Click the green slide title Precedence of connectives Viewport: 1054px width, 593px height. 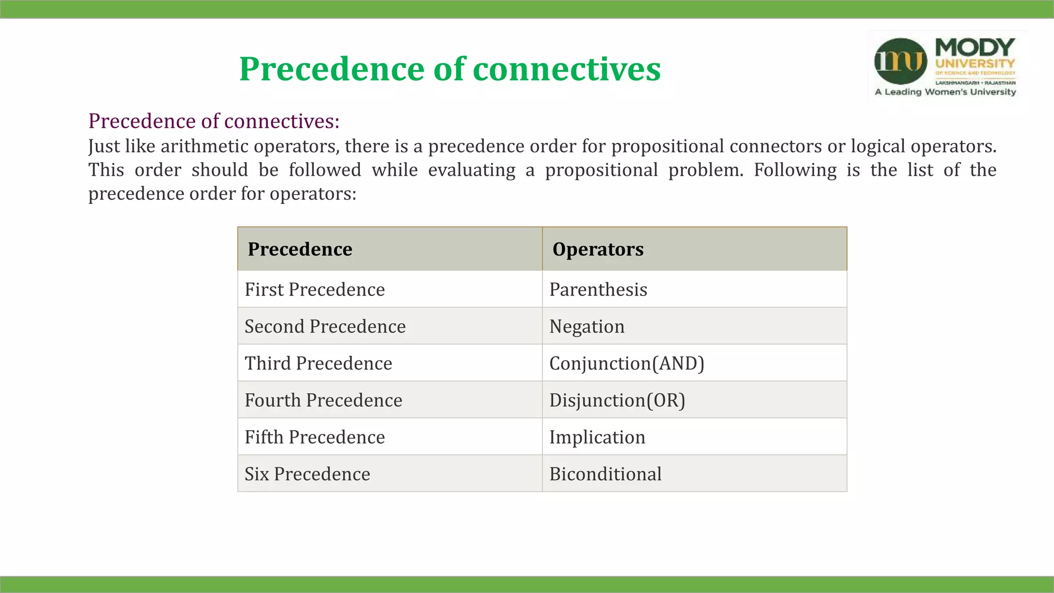tap(450, 69)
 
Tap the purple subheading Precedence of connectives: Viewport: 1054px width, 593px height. tap(214, 121)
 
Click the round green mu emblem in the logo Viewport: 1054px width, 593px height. tap(900, 61)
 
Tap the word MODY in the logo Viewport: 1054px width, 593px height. tap(974, 48)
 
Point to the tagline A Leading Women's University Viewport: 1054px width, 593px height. tap(945, 92)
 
